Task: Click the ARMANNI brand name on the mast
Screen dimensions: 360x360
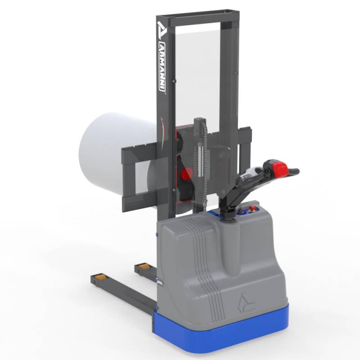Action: [162, 67]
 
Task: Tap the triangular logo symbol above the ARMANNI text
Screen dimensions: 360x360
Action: [161, 30]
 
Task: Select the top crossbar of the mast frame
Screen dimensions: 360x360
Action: [198, 17]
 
